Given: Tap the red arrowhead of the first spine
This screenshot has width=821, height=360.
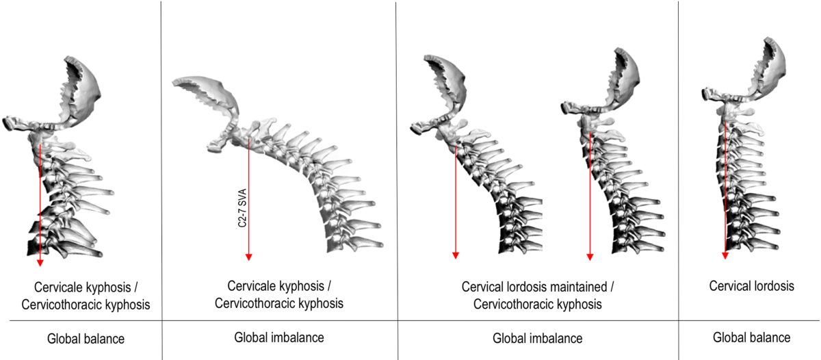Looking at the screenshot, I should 40,261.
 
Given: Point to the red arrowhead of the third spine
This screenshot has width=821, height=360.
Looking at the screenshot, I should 455,256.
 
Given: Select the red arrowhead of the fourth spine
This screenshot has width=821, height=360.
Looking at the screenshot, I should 590,257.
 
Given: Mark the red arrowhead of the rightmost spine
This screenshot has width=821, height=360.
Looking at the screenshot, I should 725,255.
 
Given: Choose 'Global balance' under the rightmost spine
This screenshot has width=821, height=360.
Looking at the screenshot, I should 751,337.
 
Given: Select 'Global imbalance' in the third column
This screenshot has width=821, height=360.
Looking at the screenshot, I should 537,338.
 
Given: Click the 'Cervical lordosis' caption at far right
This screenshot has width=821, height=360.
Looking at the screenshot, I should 751,286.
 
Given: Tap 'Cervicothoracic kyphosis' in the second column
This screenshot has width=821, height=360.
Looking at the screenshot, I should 279,302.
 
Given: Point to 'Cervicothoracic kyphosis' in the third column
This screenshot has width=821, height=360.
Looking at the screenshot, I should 537,304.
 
